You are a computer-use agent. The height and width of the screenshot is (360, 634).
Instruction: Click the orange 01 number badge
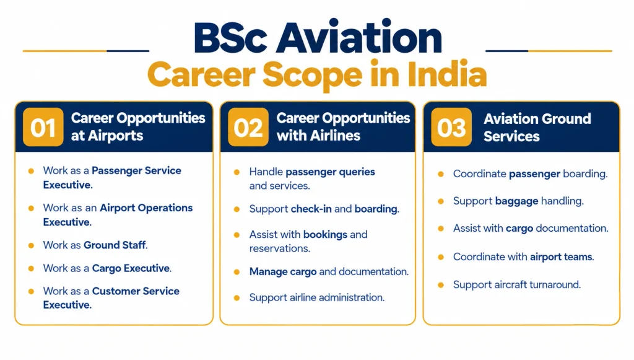point(43,127)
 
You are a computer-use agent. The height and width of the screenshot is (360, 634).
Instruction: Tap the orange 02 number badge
point(248,127)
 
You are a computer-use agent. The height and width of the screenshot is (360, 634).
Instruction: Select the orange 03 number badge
point(451,127)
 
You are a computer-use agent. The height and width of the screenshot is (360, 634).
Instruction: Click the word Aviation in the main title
point(359,37)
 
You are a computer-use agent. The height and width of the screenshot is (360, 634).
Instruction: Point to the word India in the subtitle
point(447,74)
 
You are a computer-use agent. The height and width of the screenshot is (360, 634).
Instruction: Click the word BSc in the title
point(230,38)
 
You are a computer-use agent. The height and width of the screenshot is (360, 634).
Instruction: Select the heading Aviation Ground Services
point(537,128)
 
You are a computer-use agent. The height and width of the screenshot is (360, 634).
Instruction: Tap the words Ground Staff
point(115,245)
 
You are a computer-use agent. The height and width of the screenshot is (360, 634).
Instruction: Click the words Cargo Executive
point(131,268)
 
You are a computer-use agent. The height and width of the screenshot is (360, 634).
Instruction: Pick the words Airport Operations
point(146,208)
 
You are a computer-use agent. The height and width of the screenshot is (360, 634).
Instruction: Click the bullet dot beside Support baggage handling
point(441,201)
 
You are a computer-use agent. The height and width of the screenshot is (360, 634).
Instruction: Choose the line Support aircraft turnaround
point(517,285)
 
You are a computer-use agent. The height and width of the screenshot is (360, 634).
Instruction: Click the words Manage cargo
point(282,271)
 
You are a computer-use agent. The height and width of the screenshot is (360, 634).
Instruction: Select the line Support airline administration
point(316,297)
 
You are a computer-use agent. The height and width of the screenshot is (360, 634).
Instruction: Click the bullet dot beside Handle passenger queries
point(237,172)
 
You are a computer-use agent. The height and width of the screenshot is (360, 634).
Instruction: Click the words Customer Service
point(136,291)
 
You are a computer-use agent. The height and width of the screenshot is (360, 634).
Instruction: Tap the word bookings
point(325,235)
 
